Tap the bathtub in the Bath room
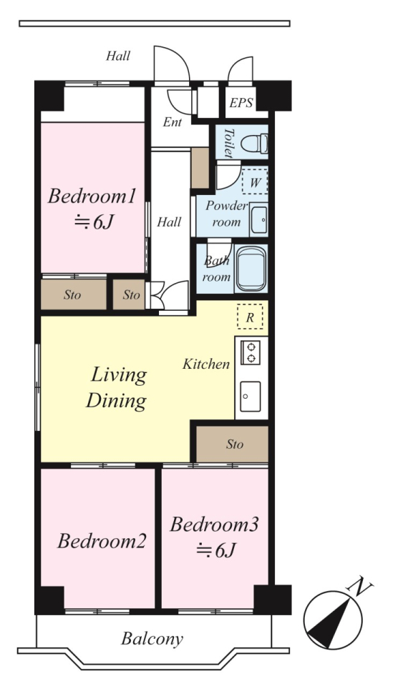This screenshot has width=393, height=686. tap(251, 269)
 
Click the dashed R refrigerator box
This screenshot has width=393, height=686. tap(250, 317)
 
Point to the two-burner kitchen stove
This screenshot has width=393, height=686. tap(251, 352)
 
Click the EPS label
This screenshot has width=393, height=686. tap(241, 103)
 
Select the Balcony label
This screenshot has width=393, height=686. tap(152, 639)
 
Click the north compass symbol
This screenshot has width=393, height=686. tap(333, 620)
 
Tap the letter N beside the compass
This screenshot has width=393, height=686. tap(359, 586)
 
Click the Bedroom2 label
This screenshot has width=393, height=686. tap(101, 541)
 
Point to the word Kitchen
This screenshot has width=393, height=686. tap(206, 364)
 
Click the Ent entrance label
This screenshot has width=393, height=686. tap(173, 122)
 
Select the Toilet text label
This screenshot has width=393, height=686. tap(228, 143)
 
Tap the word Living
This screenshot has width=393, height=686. tap(118, 376)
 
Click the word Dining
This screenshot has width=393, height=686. tap(116, 401)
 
